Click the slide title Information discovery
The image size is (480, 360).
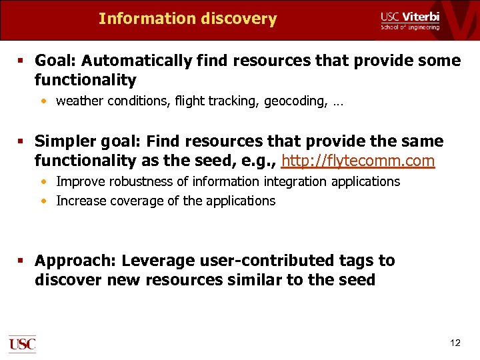click(x=187, y=19)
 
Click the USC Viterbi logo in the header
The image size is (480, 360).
click(x=410, y=20)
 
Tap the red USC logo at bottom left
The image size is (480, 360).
click(x=22, y=344)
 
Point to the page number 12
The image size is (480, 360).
click(x=455, y=343)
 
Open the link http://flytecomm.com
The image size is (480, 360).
click(x=358, y=161)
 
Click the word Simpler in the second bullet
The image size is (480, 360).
click(x=63, y=141)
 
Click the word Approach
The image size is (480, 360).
click(x=75, y=261)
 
